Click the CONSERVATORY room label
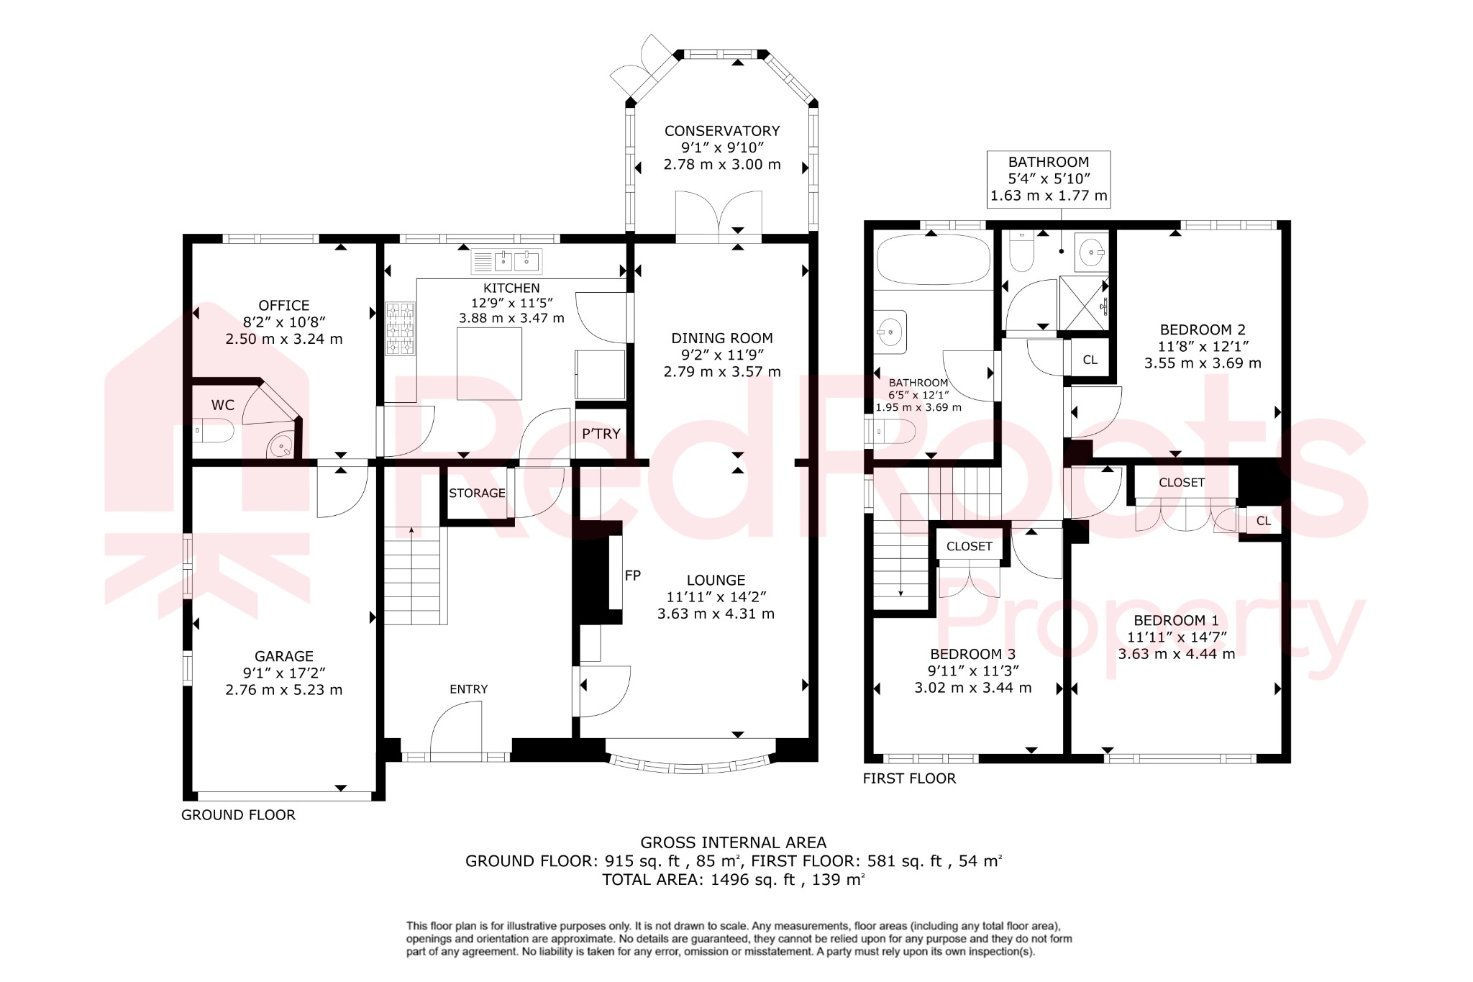721,131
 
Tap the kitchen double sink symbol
506,262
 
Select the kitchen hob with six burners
401,328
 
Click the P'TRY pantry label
601,434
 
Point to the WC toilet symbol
214,432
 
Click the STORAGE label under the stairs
477,494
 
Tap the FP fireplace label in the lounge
632,576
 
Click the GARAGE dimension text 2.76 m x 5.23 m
283,690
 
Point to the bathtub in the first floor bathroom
933,260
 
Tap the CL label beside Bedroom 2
1090,360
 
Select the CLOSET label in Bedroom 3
969,547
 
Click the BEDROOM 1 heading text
1176,620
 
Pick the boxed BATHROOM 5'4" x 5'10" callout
1048,179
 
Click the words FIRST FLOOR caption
909,778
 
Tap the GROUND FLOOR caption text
238,815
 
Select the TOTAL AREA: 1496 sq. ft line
733,879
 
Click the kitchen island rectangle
489,363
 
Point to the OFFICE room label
283,306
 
